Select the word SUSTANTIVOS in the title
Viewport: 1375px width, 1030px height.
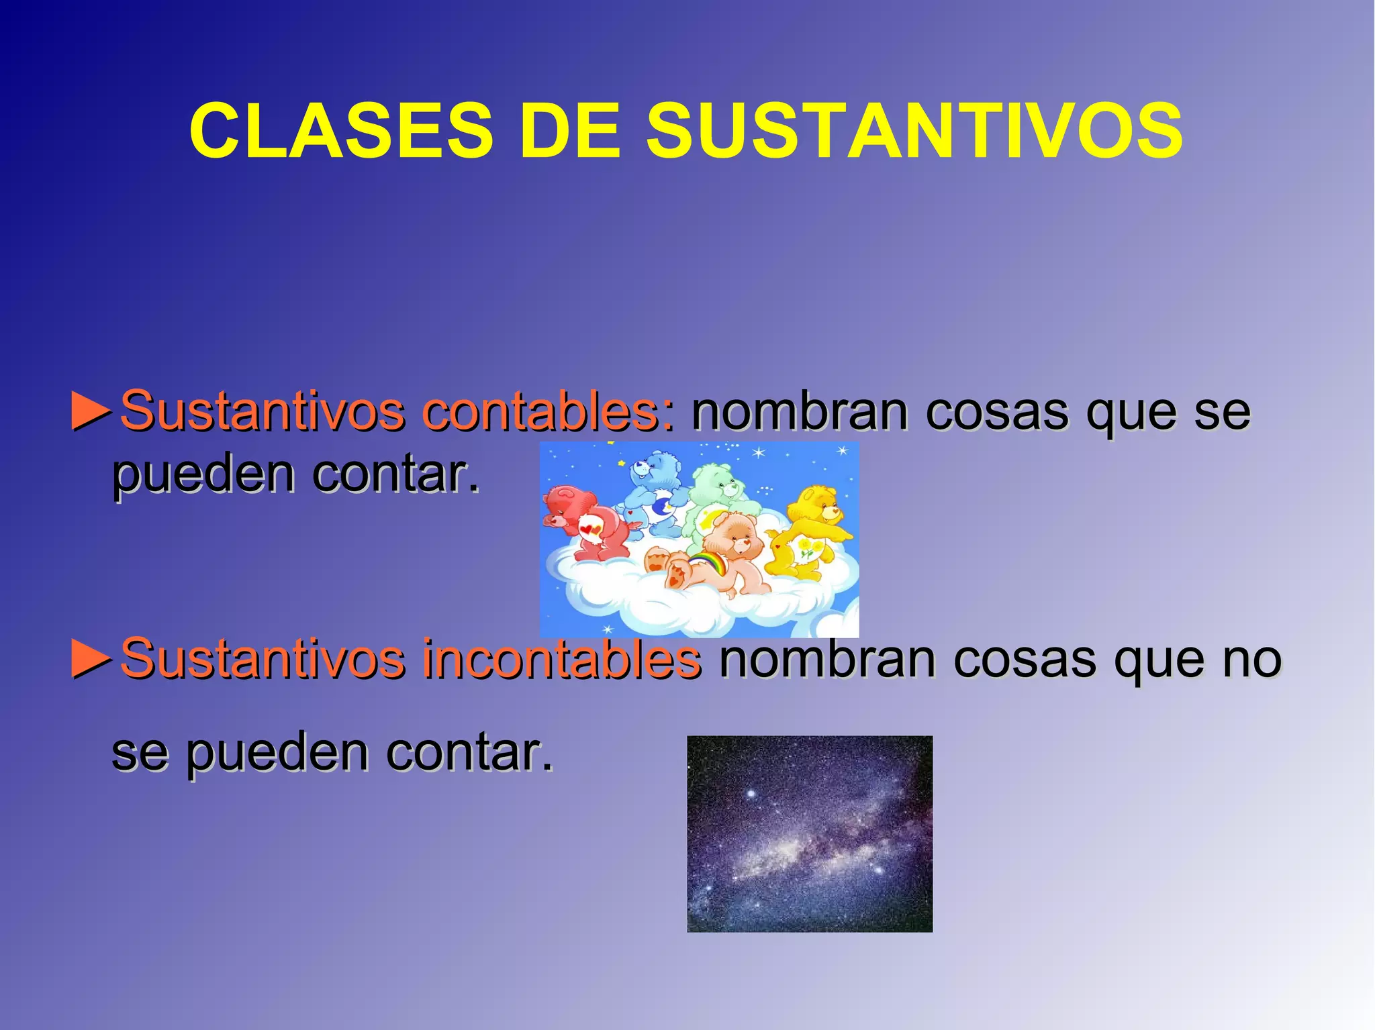tap(914, 131)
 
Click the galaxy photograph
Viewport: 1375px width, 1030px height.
tap(809, 833)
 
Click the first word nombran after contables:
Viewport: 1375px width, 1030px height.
tap(800, 411)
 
